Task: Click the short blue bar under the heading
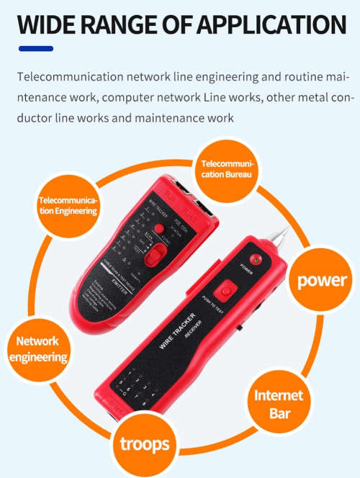click(x=35, y=48)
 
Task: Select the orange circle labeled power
click(x=323, y=279)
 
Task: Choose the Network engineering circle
click(x=37, y=348)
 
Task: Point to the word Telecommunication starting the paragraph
click(x=68, y=76)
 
